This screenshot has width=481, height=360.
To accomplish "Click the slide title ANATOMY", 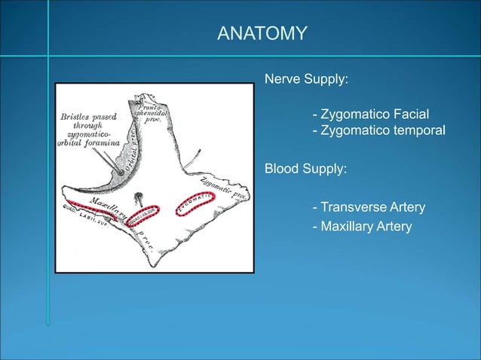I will pos(262,33).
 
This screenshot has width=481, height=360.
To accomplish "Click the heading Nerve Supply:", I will pos(305,78).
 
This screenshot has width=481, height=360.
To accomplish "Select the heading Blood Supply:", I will pos(305,169).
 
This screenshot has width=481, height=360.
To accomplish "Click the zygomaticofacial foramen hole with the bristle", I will pos(139,197).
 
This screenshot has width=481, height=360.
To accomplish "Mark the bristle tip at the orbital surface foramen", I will pos(120,172).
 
